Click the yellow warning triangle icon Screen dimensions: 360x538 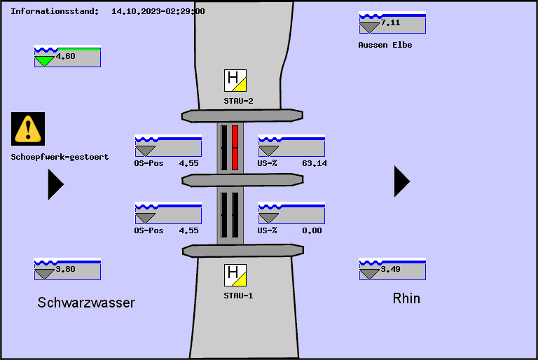(x=28, y=128)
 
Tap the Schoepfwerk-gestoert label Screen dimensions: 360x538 (x=60, y=157)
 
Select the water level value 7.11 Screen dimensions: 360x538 (x=390, y=22)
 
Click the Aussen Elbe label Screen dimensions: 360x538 (x=385, y=45)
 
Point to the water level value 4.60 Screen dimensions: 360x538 (x=65, y=56)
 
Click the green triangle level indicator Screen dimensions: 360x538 (x=44, y=61)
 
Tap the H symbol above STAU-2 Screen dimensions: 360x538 (x=235, y=81)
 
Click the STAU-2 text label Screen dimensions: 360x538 (x=238, y=101)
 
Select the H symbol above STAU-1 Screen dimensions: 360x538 (x=235, y=275)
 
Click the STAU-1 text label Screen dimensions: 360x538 (x=238, y=296)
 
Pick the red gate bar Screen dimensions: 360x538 (x=235, y=147)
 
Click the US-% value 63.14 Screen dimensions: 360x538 (x=315, y=163)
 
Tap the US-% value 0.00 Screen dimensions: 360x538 (x=312, y=230)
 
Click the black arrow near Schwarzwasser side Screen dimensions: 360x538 (x=55, y=184)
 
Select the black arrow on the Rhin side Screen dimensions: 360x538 (x=401, y=181)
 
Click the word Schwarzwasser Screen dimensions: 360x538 (x=86, y=303)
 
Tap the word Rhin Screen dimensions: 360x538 (x=406, y=298)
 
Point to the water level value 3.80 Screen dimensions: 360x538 (x=65, y=269)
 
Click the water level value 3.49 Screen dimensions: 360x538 (x=390, y=269)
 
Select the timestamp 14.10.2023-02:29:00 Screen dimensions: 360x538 (x=158, y=11)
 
